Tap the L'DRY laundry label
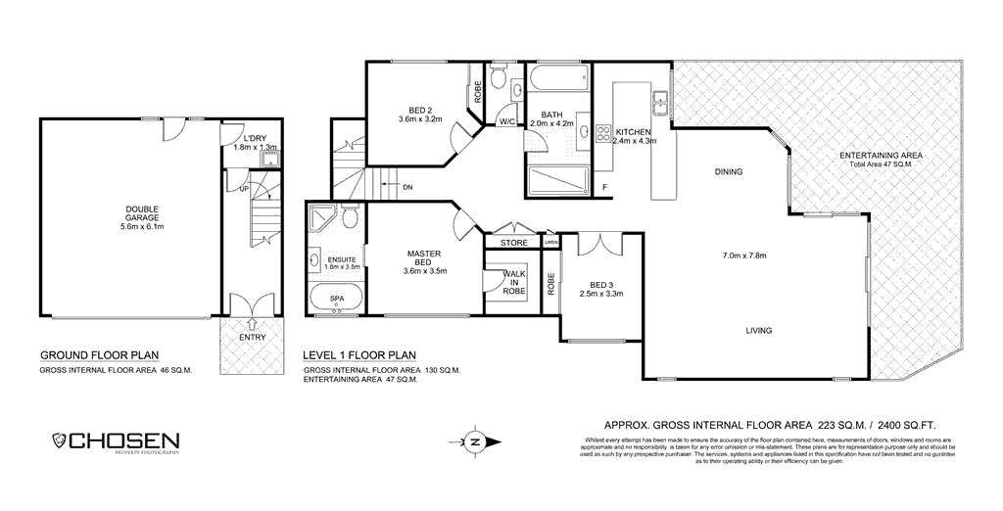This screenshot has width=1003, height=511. [255, 139]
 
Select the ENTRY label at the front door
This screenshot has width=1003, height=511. [252, 338]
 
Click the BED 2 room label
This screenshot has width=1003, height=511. [420, 110]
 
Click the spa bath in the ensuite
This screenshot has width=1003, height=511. [336, 300]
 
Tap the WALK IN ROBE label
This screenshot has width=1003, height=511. [513, 283]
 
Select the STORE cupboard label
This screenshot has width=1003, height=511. [513, 243]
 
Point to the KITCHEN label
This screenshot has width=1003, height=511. [633, 131]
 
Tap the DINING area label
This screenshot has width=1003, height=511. [728, 172]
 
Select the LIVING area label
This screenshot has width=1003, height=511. [756, 331]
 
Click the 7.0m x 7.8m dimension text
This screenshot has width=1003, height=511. [743, 256]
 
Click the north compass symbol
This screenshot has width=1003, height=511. [474, 441]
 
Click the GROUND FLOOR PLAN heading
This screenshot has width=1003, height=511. [99, 355]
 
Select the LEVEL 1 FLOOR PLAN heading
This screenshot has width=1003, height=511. [359, 355]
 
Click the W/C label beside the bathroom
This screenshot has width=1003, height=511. [507, 122]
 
